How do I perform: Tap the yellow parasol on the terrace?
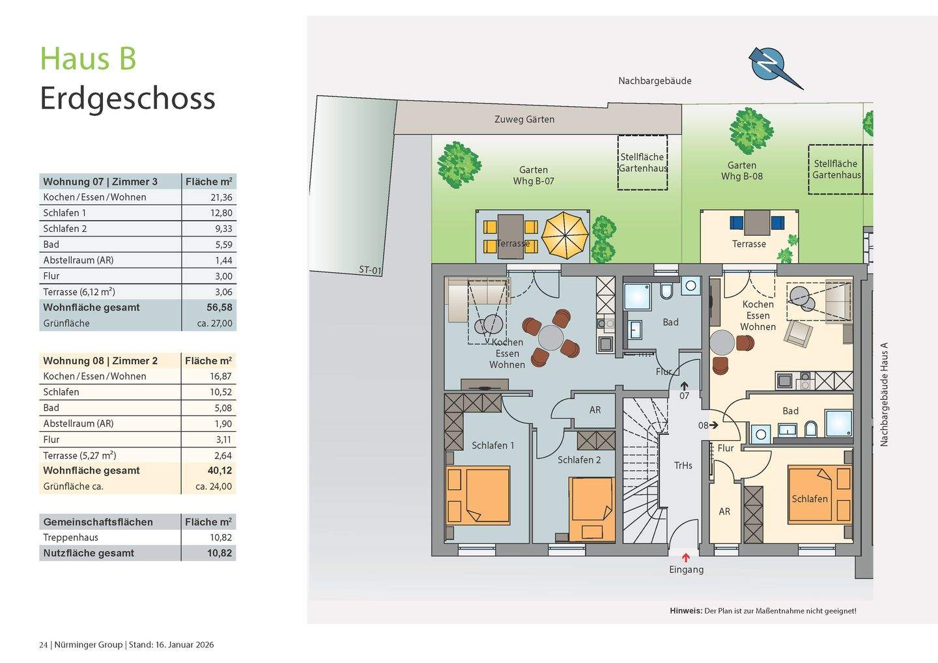click(565, 236)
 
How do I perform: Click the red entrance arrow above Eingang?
click(685, 557)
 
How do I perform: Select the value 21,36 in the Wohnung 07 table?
click(221, 197)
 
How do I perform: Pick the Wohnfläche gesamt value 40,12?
click(220, 470)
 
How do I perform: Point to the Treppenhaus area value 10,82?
click(221, 537)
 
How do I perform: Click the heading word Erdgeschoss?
click(128, 99)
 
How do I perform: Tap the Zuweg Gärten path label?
click(524, 119)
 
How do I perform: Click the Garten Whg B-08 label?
click(741, 171)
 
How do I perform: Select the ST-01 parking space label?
click(370, 270)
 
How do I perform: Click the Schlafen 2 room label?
click(579, 460)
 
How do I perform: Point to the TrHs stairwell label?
click(683, 466)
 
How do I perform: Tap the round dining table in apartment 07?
click(550, 338)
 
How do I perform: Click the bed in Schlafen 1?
click(478, 495)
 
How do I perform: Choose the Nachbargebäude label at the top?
click(655, 81)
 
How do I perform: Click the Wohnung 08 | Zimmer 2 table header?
click(100, 361)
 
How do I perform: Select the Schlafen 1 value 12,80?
click(221, 213)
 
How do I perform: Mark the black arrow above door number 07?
click(684, 386)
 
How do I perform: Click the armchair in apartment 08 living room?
click(798, 333)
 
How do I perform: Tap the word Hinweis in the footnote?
click(686, 611)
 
